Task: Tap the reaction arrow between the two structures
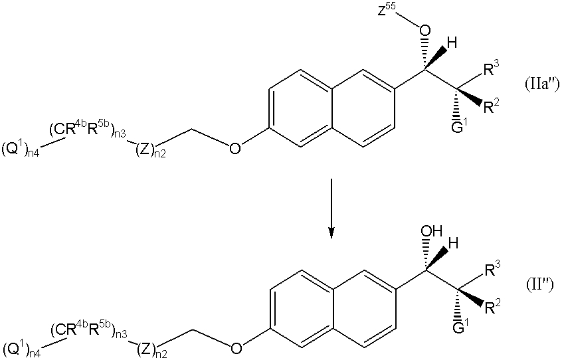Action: [331, 209]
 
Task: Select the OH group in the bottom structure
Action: [432, 231]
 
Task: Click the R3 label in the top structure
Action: [491, 69]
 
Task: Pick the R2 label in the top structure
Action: [491, 106]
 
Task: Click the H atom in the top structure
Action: [452, 44]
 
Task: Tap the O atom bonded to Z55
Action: [425, 31]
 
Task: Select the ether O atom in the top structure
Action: [234, 147]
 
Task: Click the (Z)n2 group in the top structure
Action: [151, 149]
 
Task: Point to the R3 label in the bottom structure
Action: [492, 270]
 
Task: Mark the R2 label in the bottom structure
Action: [492, 307]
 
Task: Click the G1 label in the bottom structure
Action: [459, 327]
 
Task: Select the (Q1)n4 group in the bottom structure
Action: [21, 349]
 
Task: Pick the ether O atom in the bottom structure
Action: [236, 348]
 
